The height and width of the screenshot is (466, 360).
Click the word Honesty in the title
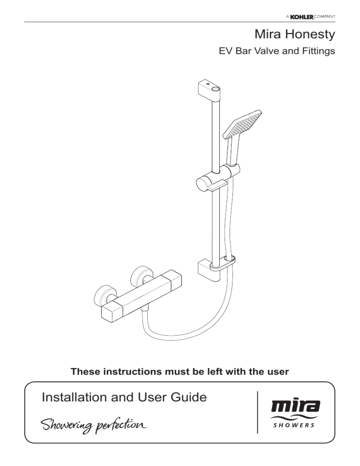coord(310,35)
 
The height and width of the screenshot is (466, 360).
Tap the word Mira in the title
coord(268,34)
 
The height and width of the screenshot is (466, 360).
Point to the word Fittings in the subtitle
coord(318,51)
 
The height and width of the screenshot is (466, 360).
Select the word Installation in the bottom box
coord(74,397)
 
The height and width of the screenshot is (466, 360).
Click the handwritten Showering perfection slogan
coord(94,426)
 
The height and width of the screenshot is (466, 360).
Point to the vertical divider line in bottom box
coord(257,412)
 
